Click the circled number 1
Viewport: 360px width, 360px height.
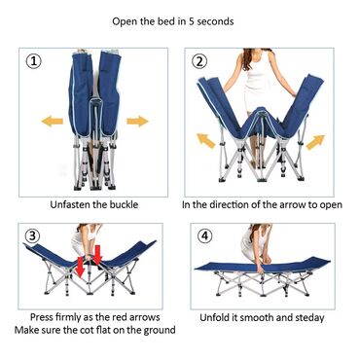coord(34,61)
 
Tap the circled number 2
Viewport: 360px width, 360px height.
coord(199,61)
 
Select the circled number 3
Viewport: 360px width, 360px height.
coord(32,235)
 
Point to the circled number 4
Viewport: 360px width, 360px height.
coord(204,235)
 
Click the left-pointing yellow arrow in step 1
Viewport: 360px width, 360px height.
coord(53,122)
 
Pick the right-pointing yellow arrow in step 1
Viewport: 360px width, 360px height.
coord(137,122)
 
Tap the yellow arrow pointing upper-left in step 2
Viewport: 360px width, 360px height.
coord(205,141)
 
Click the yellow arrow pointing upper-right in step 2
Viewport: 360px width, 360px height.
coord(315,142)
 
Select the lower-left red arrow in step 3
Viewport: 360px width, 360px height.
coord(81,267)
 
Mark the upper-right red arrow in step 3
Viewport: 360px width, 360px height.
coord(97,255)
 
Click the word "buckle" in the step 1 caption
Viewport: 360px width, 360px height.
coord(124,204)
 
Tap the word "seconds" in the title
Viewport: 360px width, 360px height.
coord(215,21)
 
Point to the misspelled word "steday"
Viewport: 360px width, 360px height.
coord(309,317)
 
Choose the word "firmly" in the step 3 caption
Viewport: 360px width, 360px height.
coord(68,317)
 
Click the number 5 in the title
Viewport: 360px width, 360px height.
coord(192,21)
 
